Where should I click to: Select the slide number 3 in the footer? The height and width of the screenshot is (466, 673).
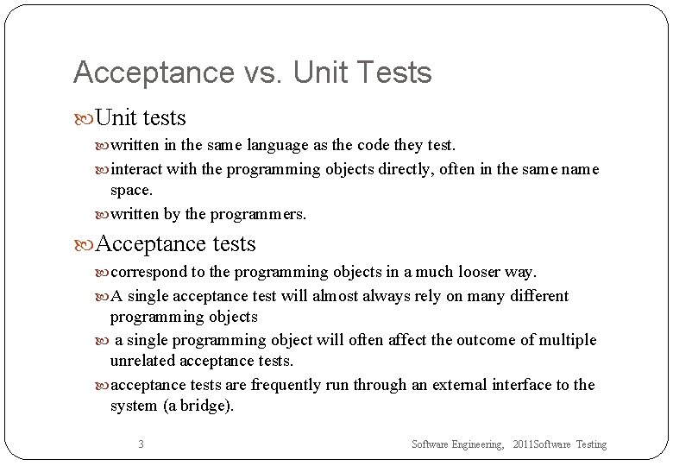(141, 444)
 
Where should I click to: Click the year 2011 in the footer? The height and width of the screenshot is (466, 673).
(523, 444)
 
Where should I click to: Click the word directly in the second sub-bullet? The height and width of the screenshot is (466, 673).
(406, 169)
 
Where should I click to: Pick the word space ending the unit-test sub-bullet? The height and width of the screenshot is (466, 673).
(130, 190)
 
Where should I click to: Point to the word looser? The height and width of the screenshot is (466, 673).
(469, 272)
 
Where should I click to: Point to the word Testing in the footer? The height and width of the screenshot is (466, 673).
(592, 444)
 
